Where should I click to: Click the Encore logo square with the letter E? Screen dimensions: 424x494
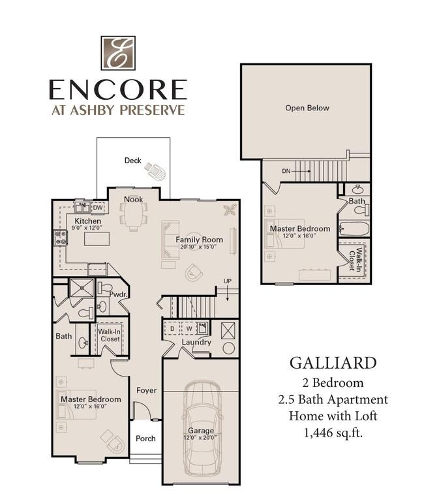(118, 53)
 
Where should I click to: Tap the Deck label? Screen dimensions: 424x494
(132, 161)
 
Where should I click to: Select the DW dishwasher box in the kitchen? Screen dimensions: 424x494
(98, 208)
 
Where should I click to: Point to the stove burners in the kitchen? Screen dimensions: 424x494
(61, 238)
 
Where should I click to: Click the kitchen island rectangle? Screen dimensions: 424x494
(97, 238)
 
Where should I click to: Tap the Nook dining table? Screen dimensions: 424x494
(133, 215)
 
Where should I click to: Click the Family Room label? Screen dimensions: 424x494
(199, 239)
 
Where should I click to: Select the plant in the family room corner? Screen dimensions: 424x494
(230, 209)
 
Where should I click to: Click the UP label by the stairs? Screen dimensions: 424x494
(228, 281)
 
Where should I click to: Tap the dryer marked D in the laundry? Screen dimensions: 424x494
(172, 329)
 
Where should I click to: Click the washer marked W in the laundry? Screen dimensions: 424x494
(189, 329)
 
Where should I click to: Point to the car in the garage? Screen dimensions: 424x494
(201, 429)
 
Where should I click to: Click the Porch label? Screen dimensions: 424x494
(145, 439)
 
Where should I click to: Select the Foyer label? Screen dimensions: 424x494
(147, 390)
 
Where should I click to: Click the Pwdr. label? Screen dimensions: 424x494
(119, 294)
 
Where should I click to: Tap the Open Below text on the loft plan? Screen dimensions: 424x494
(307, 108)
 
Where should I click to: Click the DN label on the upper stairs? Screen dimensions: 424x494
(286, 172)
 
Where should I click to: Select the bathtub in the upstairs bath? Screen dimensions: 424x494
(354, 229)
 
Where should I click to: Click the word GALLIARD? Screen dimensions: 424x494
(333, 363)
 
